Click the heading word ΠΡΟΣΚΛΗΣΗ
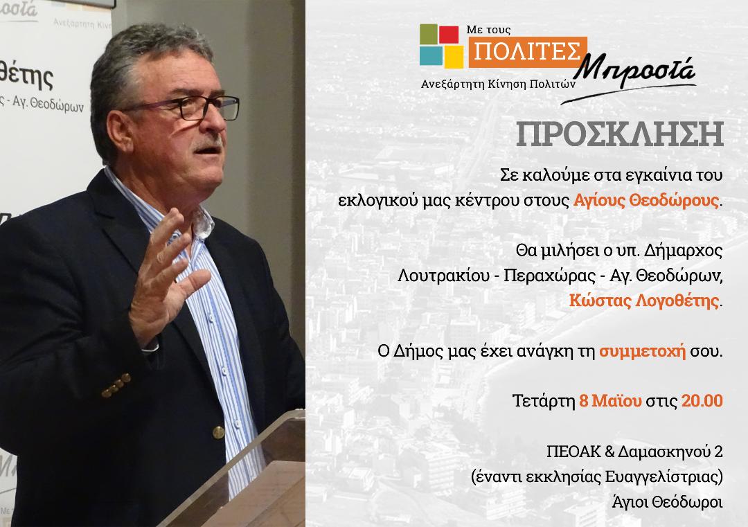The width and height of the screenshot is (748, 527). (x=620, y=134)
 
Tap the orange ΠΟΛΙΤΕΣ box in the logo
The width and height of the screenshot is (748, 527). (x=528, y=52)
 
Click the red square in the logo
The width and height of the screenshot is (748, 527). (x=448, y=35)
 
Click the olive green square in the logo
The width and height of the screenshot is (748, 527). (x=429, y=33)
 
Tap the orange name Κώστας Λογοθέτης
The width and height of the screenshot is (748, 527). (x=644, y=301)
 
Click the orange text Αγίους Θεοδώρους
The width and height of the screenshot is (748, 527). (x=646, y=200)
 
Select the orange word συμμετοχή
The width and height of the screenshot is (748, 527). (x=643, y=352)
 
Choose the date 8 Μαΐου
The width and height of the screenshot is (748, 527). (x=610, y=400)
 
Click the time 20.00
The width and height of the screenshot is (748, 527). (x=702, y=400)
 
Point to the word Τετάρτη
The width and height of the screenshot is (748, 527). (x=544, y=401)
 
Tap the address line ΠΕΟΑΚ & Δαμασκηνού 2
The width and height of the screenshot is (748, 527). (x=635, y=452)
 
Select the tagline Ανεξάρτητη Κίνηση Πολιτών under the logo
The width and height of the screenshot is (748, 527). (x=499, y=84)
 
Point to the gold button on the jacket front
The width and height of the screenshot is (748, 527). (x=218, y=433)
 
